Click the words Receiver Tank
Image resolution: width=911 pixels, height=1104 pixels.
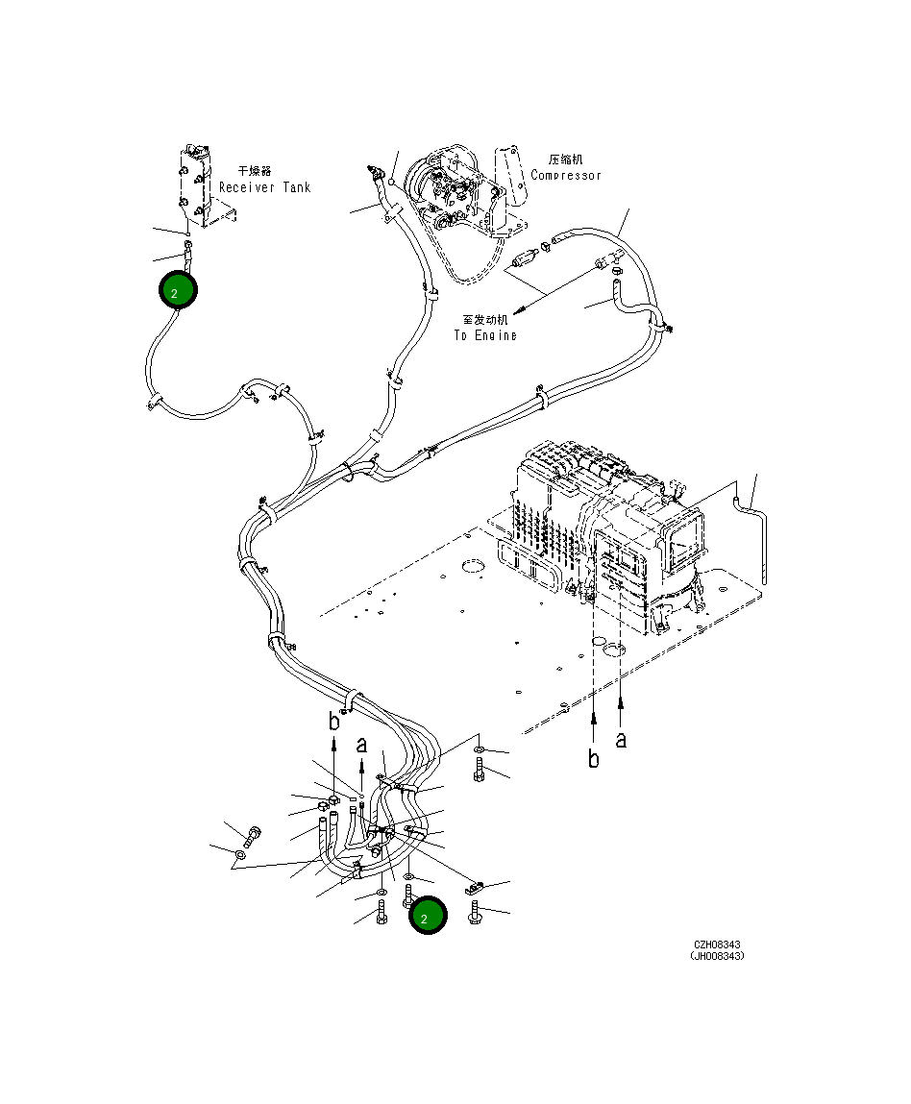pyautogui.click(x=264, y=187)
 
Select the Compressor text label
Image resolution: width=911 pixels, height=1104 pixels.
pyautogui.click(x=566, y=175)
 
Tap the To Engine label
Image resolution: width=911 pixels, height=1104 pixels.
pyautogui.click(x=485, y=335)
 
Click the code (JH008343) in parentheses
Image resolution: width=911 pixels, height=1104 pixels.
pyautogui.click(x=716, y=956)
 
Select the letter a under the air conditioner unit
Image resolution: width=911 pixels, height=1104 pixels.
pyautogui.click(x=621, y=740)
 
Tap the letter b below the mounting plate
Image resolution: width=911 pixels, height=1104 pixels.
pyautogui.click(x=594, y=759)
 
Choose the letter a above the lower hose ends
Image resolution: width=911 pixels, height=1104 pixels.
pyautogui.click(x=361, y=744)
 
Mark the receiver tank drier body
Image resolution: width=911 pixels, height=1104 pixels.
pyautogui.click(x=194, y=183)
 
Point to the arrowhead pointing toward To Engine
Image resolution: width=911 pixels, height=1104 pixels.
pyautogui.click(x=520, y=309)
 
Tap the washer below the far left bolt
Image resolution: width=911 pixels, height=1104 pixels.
pyautogui.click(x=240, y=853)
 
